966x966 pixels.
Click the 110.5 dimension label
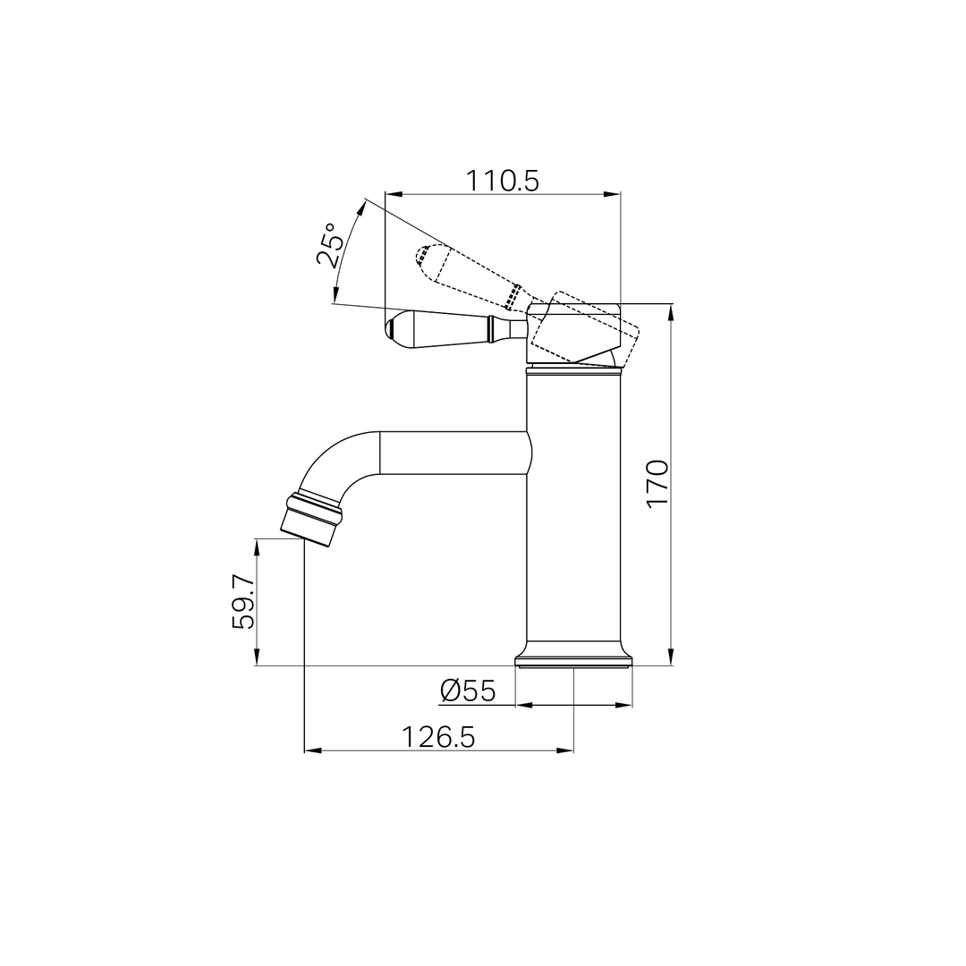tap(502, 181)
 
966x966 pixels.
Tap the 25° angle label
tap(330, 246)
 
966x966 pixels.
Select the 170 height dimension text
tap(657, 483)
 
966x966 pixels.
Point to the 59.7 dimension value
tap(244, 602)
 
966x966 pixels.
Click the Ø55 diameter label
tap(468, 691)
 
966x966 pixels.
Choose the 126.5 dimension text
tap(438, 737)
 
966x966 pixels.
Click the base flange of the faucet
tap(573, 659)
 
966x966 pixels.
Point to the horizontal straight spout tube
tap(452, 453)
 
